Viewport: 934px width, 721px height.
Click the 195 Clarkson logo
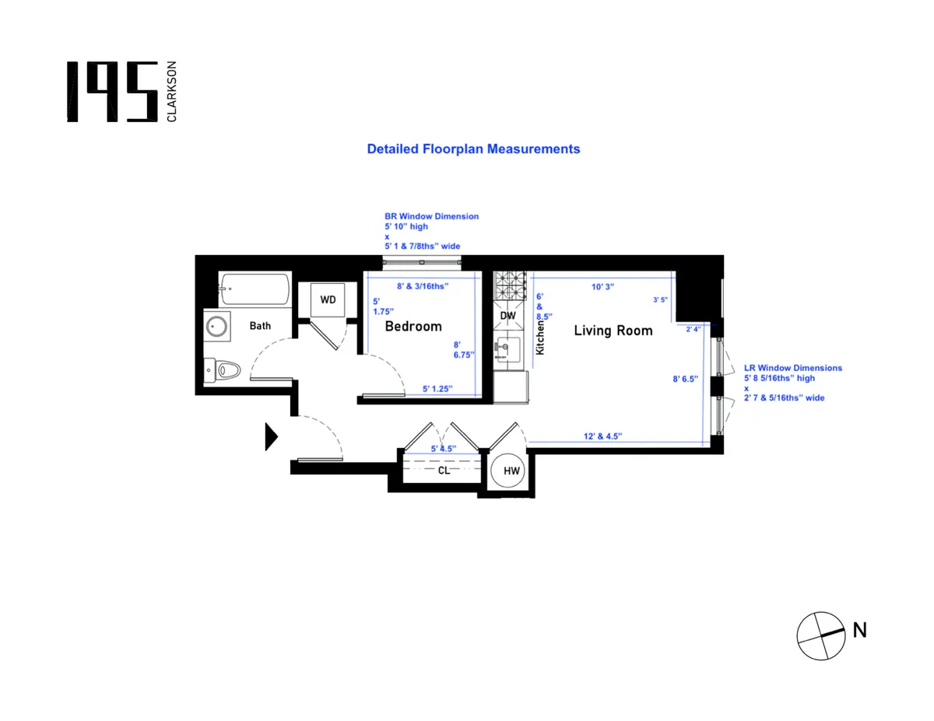121,92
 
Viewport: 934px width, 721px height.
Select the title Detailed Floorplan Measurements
473,149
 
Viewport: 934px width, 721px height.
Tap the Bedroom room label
413,327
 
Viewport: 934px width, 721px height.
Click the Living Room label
613,331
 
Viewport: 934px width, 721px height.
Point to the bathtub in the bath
255,289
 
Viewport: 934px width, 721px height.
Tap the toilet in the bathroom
223,370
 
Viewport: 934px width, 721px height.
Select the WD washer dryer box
328,299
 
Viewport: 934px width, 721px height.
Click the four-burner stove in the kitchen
511,289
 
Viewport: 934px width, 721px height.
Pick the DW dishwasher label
507,316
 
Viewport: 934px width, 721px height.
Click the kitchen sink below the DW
510,351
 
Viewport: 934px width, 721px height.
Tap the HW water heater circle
511,471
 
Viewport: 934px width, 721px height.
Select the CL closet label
444,471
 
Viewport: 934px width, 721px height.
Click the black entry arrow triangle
271,436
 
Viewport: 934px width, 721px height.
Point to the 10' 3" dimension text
603,286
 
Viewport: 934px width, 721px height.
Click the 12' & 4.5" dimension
603,436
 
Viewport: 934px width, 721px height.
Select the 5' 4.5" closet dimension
444,449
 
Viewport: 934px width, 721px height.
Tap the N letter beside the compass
859,631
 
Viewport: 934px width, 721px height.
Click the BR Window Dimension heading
431,216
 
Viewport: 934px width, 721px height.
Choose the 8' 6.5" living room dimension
686,379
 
